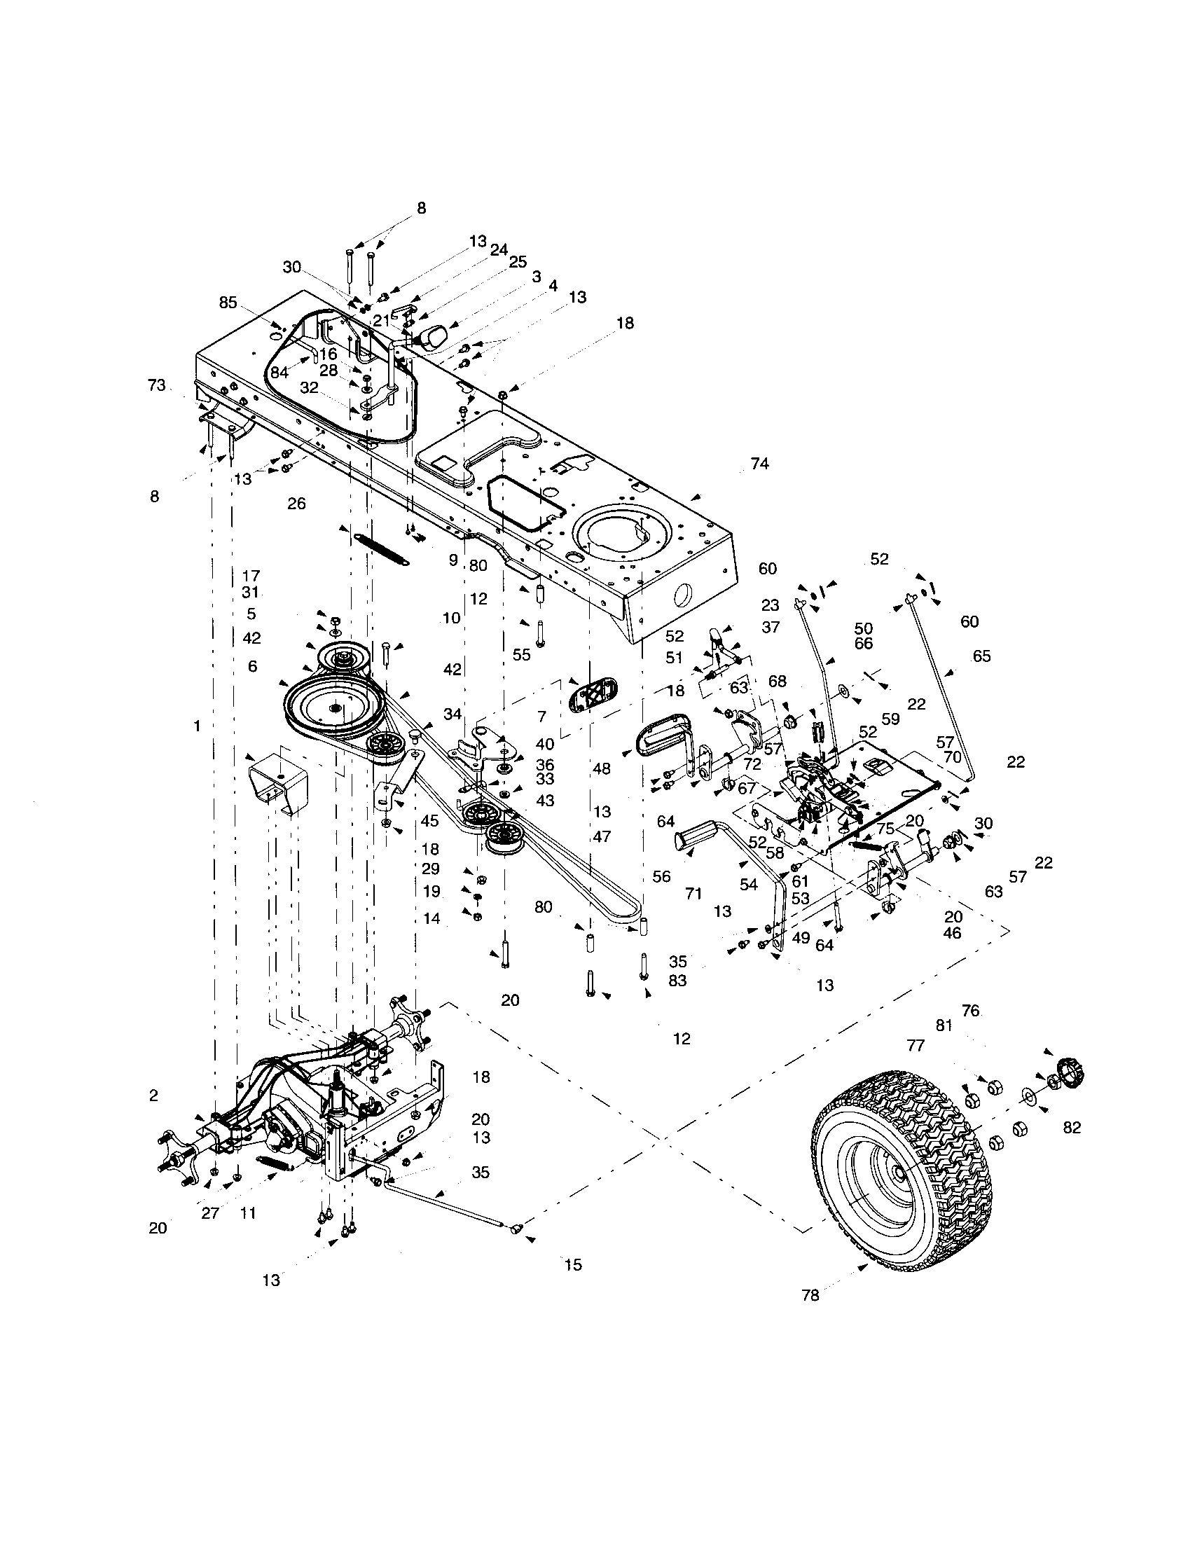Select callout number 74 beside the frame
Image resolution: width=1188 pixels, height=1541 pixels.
[x=759, y=464]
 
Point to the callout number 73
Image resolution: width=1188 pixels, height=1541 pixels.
[x=157, y=385]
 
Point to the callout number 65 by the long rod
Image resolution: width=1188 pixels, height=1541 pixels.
[x=981, y=656]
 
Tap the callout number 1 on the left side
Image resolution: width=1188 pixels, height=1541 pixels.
[x=198, y=725]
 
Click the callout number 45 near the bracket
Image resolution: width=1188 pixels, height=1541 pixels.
[x=430, y=821]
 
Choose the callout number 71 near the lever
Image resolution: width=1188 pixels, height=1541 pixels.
[x=693, y=893]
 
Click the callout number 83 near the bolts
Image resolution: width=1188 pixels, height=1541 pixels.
[x=677, y=981]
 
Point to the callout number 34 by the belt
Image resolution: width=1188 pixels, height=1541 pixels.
[x=453, y=714]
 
